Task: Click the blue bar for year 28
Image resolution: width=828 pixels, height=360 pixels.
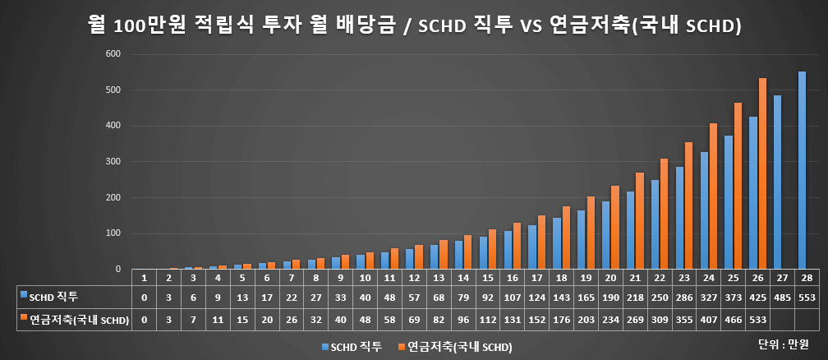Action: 802,170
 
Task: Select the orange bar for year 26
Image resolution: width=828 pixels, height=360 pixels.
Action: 762,173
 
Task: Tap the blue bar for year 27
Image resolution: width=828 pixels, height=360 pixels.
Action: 777,182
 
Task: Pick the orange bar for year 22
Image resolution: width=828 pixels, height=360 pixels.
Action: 664,214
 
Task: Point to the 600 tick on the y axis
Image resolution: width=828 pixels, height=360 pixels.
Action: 113,54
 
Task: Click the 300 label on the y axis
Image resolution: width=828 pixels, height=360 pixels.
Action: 113,162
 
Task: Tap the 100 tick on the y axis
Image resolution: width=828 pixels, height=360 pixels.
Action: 113,233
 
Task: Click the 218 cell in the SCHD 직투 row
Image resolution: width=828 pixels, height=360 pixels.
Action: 635,296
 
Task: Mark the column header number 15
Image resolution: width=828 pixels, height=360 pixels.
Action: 488,278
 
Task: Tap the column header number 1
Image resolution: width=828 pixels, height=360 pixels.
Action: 145,278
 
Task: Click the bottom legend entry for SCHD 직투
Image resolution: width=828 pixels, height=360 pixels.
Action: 352,347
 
